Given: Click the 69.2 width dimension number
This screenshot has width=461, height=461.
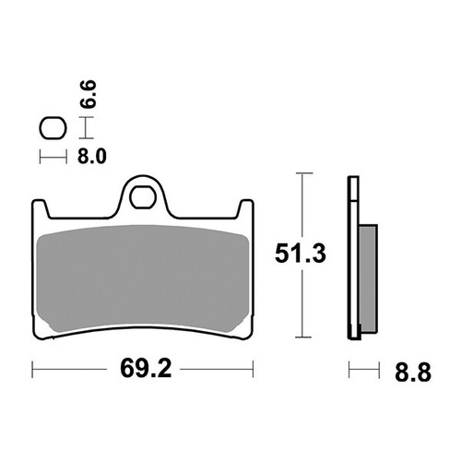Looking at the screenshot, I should click(x=145, y=372).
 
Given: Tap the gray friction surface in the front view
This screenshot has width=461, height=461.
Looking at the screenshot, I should click(x=143, y=277).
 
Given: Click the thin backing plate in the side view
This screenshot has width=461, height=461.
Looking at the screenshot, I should click(x=351, y=258).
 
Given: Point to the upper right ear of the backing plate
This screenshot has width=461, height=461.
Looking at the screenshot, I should click(x=246, y=208).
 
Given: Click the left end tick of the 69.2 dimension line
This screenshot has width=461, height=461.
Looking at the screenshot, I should click(x=33, y=372).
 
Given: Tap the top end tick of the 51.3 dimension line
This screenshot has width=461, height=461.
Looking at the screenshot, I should click(x=301, y=173).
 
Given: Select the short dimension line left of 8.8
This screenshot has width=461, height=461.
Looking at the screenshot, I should click(x=364, y=372).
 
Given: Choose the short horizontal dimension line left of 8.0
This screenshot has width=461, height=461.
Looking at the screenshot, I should click(x=53, y=158).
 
